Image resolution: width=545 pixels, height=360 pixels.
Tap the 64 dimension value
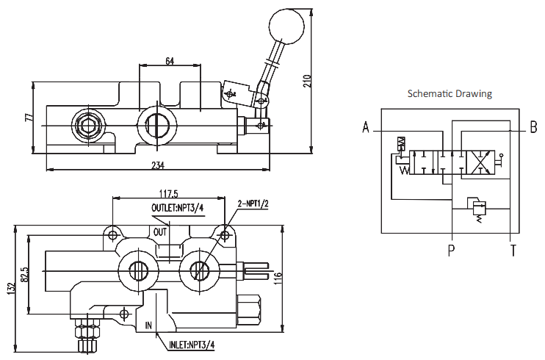170,61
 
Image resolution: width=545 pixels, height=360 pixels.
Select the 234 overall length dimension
157,165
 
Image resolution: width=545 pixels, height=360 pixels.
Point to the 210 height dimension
307,81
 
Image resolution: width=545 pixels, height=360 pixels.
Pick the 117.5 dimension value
169,193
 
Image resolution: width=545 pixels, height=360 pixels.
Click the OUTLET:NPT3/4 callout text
177,208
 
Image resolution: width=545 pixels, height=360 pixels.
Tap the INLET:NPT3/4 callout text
192,345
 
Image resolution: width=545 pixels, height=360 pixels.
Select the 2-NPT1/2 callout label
253,204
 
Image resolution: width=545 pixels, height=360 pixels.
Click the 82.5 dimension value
24,275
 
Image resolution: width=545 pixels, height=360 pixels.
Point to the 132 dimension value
11,289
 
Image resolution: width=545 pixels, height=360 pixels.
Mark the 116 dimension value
278,279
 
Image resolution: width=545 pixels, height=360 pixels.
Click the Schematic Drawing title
450,93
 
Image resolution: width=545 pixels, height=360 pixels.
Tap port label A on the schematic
366,127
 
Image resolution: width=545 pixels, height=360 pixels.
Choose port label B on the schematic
533,127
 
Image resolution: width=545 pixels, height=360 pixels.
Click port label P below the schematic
451,250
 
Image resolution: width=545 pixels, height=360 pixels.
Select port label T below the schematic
513,250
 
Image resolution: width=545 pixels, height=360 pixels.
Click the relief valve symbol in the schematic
477,209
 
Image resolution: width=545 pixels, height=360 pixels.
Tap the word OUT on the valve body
160,231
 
